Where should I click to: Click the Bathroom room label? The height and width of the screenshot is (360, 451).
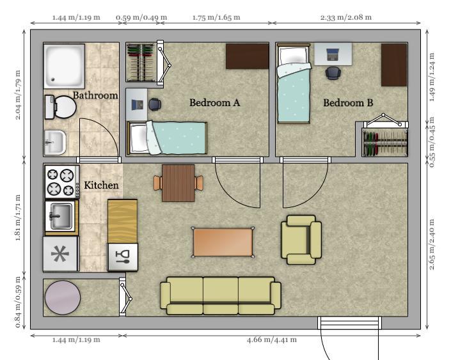[x=95, y=95]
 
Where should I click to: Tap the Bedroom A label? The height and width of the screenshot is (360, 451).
[x=214, y=103]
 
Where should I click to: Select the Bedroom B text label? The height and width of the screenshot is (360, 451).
[x=348, y=103]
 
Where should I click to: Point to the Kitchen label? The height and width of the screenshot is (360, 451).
[x=101, y=185]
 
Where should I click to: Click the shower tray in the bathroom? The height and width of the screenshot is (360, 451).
[x=64, y=66]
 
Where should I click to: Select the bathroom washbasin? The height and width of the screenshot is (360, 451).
[x=55, y=142]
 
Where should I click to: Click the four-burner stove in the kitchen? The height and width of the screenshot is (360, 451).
[x=62, y=182]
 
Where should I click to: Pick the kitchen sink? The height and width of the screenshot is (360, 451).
[x=61, y=216]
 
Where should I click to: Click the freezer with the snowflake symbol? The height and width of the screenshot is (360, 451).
[x=60, y=254]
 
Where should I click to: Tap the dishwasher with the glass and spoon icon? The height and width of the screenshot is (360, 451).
[x=123, y=257]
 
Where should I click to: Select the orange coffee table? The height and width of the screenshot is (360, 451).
[x=223, y=242]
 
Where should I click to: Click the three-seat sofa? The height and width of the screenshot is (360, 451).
[x=221, y=296]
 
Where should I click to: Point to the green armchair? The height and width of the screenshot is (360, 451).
[x=301, y=240]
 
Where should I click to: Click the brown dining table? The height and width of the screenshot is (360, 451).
[x=178, y=183]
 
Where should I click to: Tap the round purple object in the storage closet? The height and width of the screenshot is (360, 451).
[x=63, y=297]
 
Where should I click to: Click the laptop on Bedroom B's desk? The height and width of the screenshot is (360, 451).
[x=333, y=54]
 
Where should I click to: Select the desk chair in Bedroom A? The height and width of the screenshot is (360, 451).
[x=155, y=104]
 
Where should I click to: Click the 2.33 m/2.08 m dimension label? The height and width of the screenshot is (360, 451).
[x=346, y=17]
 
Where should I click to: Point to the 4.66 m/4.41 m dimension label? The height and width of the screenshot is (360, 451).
[x=271, y=340]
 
